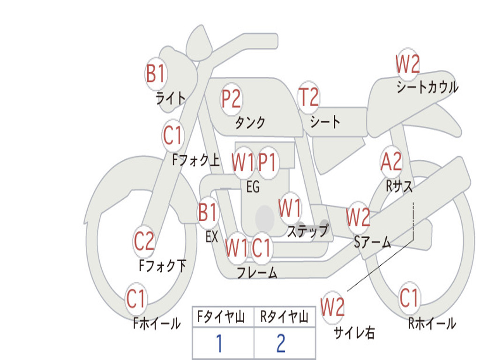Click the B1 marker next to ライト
tap(156, 74)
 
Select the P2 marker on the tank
tap(232, 99)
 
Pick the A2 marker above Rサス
tap(391, 162)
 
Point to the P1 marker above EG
tap(267, 162)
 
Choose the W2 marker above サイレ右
tap(332, 307)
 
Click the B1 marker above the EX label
tap(208, 212)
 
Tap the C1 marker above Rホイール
tap(409, 298)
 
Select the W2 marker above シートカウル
tap(408, 64)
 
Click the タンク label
tap(250, 122)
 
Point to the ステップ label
tap(307, 231)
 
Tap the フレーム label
tap(257, 272)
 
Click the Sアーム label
tap(373, 242)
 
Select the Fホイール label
tap(157, 323)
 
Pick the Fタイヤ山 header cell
tap(223, 317)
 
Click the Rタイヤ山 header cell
tap(285, 317)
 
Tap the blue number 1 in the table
tap(219, 343)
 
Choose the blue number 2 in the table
tap(281, 343)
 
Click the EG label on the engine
tap(253, 187)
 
